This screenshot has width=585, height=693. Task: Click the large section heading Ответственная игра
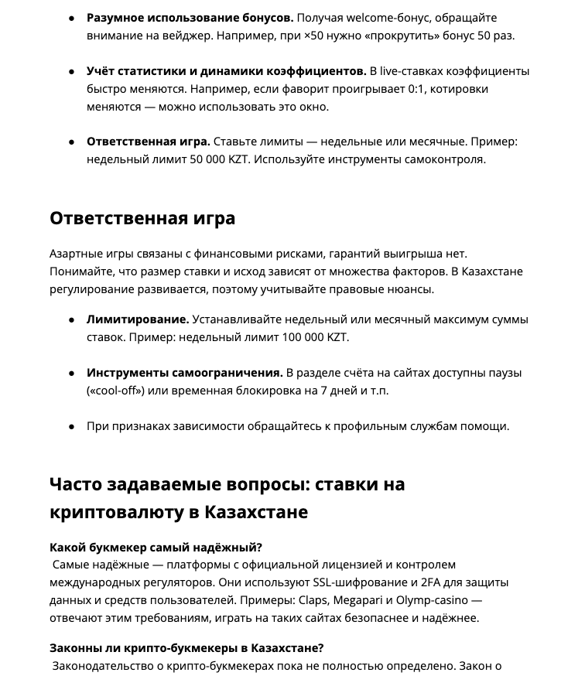click(142, 218)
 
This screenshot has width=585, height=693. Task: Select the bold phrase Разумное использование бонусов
click(190, 18)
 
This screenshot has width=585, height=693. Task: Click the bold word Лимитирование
click(138, 319)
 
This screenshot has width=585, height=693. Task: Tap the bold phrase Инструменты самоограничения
click(184, 373)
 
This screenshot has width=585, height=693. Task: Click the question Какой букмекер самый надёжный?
click(156, 548)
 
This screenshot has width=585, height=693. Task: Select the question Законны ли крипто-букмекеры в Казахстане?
click(186, 648)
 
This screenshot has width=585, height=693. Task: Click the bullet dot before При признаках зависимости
click(71, 426)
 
